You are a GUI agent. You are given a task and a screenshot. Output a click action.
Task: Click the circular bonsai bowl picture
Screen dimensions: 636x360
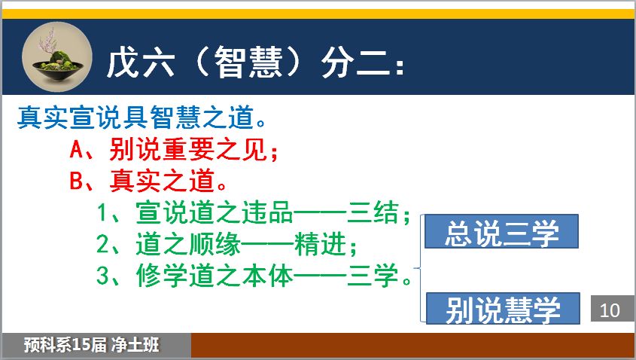click(x=56, y=57)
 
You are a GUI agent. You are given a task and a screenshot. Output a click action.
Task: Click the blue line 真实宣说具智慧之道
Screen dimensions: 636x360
click(x=135, y=117)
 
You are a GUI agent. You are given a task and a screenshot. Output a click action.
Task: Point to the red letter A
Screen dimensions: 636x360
click(x=77, y=149)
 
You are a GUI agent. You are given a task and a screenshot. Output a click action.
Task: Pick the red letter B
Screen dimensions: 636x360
click(x=77, y=180)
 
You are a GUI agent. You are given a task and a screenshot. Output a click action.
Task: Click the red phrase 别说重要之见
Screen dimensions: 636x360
click(x=189, y=149)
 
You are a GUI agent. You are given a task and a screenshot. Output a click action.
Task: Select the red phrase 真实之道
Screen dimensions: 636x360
click(x=163, y=180)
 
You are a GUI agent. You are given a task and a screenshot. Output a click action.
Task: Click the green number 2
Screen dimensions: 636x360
click(x=103, y=243)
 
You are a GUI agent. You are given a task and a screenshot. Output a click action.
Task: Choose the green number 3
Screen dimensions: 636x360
click(x=103, y=275)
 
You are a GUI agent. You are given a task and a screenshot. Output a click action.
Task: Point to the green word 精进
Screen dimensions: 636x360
click(x=321, y=243)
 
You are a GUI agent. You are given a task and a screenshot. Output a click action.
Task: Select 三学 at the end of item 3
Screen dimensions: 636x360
click(x=373, y=275)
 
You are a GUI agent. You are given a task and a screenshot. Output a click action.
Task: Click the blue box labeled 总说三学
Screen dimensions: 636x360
click(x=501, y=231)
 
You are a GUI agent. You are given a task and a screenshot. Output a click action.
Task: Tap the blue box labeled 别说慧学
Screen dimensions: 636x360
click(x=503, y=309)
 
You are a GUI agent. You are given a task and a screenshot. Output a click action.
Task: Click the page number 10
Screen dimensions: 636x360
click(x=610, y=310)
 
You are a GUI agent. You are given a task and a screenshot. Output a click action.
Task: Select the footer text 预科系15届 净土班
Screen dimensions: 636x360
click(x=92, y=345)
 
